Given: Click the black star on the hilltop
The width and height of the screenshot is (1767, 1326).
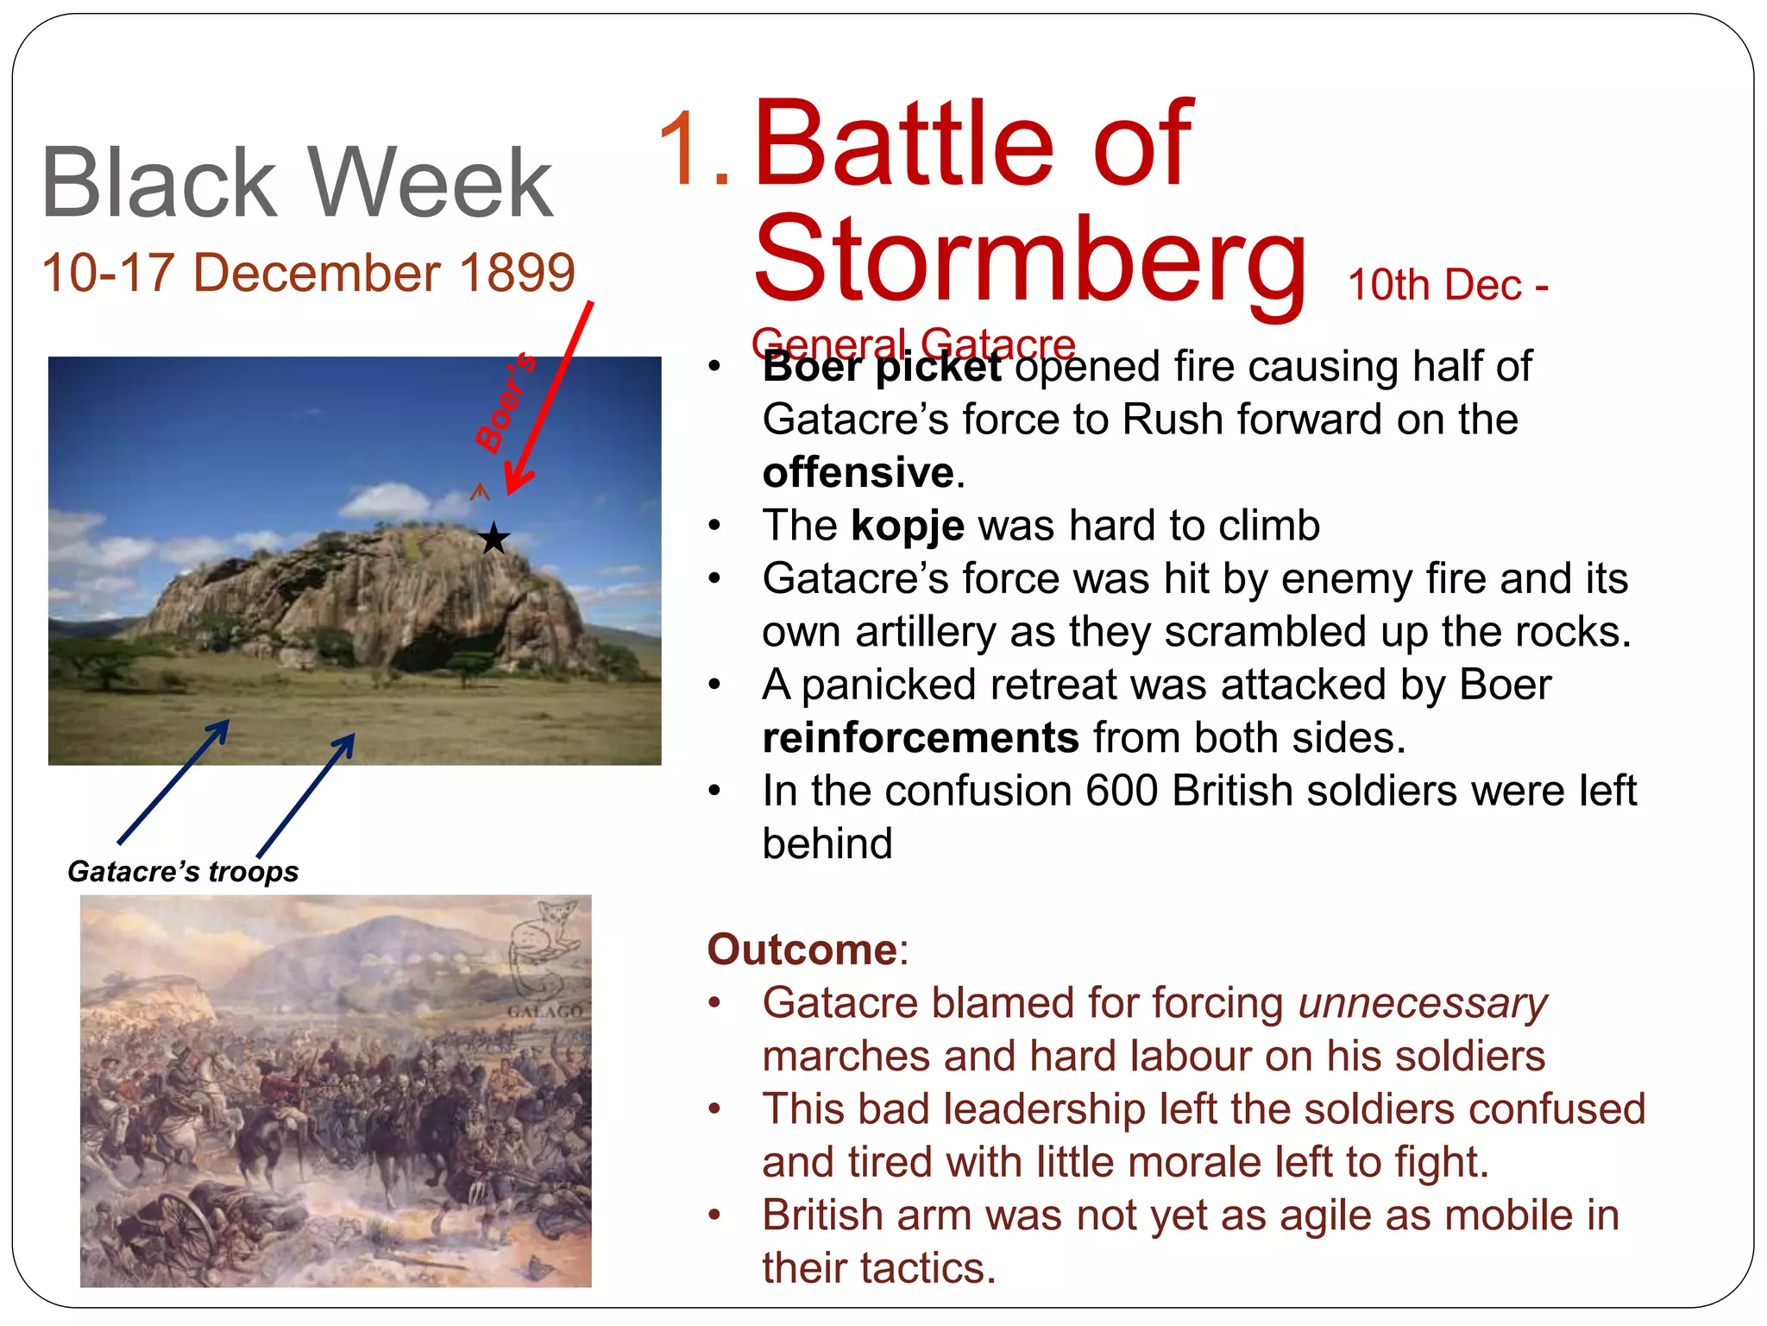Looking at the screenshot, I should point(494,539).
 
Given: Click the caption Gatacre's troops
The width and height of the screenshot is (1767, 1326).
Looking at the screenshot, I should point(183,871).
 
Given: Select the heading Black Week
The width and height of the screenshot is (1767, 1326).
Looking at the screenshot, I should point(297,183).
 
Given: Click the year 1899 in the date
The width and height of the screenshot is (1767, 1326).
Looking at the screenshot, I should point(517,273).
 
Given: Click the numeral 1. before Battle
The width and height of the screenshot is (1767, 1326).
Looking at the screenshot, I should point(694,148).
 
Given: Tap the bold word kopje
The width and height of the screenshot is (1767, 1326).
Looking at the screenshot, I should point(907,526).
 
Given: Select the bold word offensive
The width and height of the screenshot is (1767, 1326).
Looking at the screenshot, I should point(858,473).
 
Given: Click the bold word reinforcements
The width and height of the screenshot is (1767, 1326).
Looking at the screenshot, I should point(920,738).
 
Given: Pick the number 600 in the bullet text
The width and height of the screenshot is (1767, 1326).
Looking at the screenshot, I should point(1121,791).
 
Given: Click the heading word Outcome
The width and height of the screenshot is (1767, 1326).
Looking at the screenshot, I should point(802,950).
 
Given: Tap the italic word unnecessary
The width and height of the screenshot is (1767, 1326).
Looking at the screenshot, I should point(1422,1003).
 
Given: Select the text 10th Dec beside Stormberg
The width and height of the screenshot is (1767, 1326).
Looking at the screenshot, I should point(1434,285).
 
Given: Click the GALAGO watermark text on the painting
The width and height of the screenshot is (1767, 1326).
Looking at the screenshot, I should point(544,1011).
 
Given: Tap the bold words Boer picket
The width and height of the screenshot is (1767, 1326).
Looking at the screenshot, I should point(882,368).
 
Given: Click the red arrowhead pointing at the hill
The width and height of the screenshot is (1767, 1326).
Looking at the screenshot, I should point(518,480).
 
